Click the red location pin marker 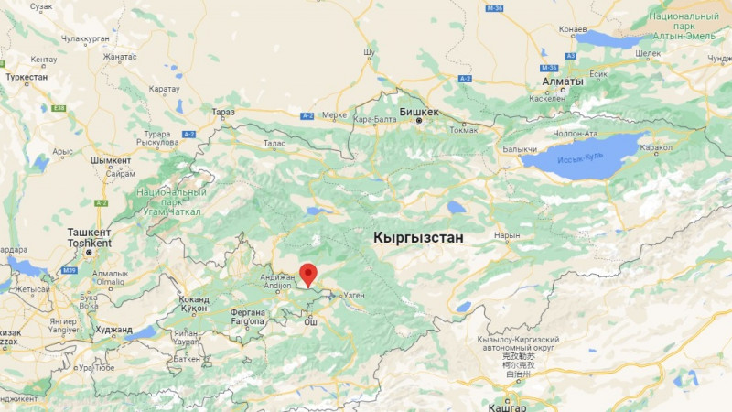click(x=309, y=274)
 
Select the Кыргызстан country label click(x=418, y=237)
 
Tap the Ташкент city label click(x=89, y=233)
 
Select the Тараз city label click(x=223, y=112)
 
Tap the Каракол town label click(x=655, y=147)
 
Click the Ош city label click(x=310, y=321)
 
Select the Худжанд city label click(x=113, y=330)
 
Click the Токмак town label click(x=465, y=129)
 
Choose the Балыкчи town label click(x=520, y=148)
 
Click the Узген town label click(x=355, y=296)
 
